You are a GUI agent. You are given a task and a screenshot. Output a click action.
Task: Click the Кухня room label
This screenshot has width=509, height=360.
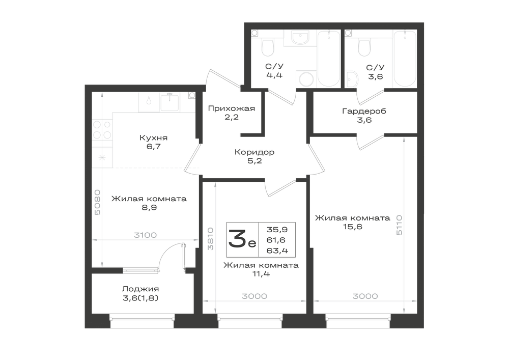(x=154, y=137)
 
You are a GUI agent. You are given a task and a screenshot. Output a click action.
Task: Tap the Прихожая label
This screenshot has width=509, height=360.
(x=232, y=108)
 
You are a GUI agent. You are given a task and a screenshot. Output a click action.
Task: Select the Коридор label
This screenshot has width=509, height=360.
(x=254, y=152)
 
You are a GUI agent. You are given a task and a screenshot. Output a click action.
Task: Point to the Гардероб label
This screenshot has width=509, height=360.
(x=364, y=112)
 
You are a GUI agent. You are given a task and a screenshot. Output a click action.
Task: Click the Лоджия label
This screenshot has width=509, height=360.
(x=140, y=289)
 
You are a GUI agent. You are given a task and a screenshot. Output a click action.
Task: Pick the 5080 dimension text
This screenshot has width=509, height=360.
(x=97, y=203)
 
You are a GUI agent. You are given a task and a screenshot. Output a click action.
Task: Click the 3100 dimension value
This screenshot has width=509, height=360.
(x=146, y=235)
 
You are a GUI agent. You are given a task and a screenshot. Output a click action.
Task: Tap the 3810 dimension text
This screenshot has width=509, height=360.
(x=211, y=238)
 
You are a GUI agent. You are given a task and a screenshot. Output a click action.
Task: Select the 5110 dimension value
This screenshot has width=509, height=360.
(x=399, y=225)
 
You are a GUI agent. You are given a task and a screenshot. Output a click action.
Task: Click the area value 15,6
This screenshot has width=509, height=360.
(x=353, y=227)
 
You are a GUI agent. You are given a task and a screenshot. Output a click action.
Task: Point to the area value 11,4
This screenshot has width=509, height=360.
(x=261, y=273)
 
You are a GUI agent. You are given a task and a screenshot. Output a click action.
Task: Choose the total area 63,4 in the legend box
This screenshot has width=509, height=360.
(x=277, y=251)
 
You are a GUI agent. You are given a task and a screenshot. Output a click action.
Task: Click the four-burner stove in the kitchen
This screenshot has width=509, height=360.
(x=102, y=129)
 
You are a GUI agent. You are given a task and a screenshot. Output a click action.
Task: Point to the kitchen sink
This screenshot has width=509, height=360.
(x=170, y=102)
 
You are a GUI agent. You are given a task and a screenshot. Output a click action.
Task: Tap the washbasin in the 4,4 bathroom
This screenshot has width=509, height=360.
(x=300, y=38)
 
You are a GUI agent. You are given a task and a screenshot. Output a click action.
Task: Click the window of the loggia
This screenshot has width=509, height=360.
(x=142, y=321)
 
